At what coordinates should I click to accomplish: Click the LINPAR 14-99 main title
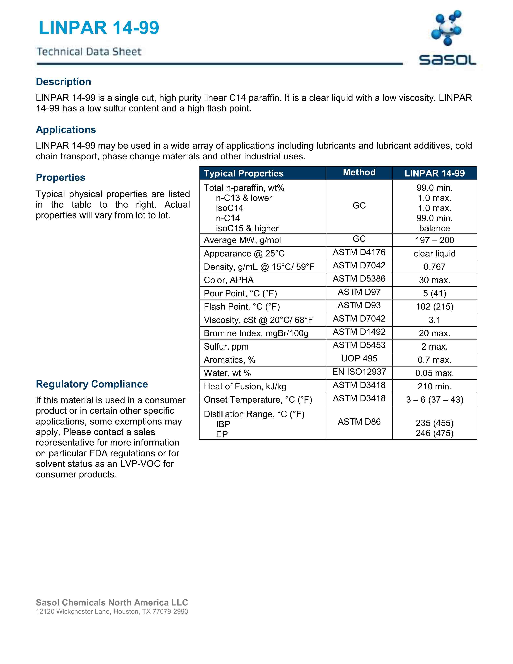tap(99, 28)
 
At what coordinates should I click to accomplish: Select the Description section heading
tap(64, 82)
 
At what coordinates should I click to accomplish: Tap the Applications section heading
tap(66, 130)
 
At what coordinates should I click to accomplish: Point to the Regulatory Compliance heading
tap(92, 384)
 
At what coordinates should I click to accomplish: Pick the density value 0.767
tap(434, 267)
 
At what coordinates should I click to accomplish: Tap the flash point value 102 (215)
tap(434, 306)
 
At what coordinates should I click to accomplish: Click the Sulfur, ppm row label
tap(226, 347)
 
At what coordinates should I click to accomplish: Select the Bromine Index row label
tap(256, 333)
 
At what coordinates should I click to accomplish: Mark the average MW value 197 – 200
tap(434, 240)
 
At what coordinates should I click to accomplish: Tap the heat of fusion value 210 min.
tap(434, 386)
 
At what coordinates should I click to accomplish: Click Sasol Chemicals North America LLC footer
tap(112, 603)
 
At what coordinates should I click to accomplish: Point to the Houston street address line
tap(112, 612)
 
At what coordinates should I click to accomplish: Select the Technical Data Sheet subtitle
tap(89, 52)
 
